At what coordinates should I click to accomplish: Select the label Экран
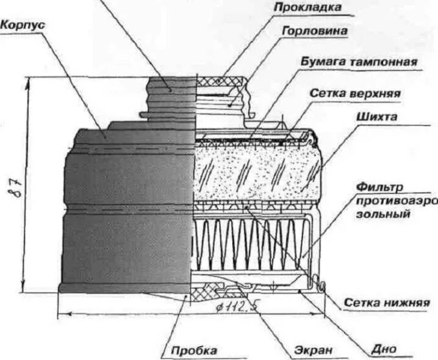pos(315,350)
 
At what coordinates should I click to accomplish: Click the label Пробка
pos(194,350)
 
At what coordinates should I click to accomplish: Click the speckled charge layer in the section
pos(256,168)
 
